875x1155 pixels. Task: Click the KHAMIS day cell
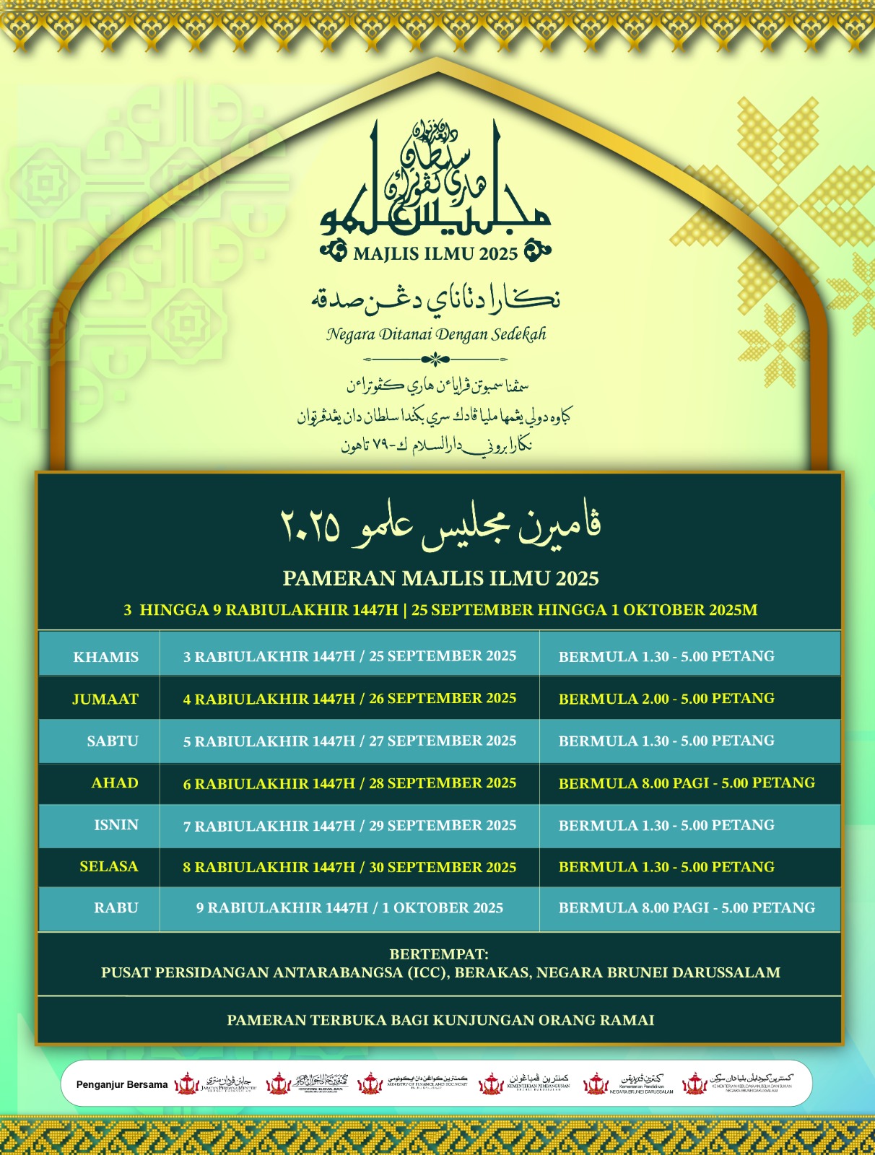(x=105, y=657)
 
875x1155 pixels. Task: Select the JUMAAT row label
(x=105, y=699)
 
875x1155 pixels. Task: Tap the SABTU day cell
(x=112, y=741)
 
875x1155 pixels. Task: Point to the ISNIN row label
(x=116, y=825)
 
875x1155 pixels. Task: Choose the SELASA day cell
(x=108, y=866)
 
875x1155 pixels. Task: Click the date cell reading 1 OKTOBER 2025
(x=349, y=908)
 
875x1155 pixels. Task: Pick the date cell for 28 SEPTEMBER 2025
(x=349, y=783)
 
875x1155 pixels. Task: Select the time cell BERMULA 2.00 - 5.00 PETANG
(x=666, y=699)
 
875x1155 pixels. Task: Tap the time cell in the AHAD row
(x=687, y=783)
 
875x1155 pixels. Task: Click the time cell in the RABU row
(x=687, y=908)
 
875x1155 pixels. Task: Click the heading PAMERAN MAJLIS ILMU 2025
(x=440, y=578)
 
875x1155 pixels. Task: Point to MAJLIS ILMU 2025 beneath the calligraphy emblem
(x=436, y=253)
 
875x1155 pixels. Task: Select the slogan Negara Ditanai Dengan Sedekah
(x=436, y=334)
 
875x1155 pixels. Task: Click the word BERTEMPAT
(x=439, y=954)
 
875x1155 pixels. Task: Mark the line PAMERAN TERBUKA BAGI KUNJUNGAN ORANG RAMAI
(x=440, y=1020)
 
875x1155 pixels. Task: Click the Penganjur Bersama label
(x=122, y=1084)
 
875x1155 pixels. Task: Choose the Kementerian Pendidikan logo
(x=628, y=1084)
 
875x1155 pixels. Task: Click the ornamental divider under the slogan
(x=435, y=359)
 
